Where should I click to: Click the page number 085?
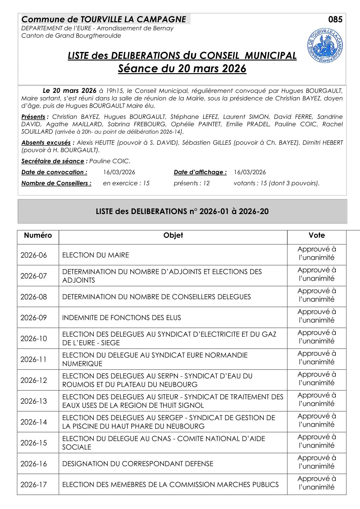(335, 20)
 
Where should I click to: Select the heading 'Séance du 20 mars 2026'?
(182, 69)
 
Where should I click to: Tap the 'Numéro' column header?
(38, 235)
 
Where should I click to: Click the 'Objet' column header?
(173, 235)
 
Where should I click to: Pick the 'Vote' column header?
(317, 235)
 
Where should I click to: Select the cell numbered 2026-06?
(34, 255)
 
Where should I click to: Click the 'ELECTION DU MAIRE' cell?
(96, 255)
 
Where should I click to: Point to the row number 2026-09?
(34, 318)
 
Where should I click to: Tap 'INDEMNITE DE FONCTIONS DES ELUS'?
(122, 318)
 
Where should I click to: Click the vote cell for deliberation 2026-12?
(317, 378)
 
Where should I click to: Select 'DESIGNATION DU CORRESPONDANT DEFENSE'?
(138, 464)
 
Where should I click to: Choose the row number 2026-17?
(34, 485)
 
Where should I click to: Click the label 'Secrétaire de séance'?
(53, 161)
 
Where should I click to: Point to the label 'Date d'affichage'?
(200, 172)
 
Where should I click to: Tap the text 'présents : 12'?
(191, 183)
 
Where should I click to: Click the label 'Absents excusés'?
(46, 143)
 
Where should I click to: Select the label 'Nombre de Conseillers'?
(56, 183)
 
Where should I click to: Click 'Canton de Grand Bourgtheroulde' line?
(71, 36)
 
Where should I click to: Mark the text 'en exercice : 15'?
(126, 183)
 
